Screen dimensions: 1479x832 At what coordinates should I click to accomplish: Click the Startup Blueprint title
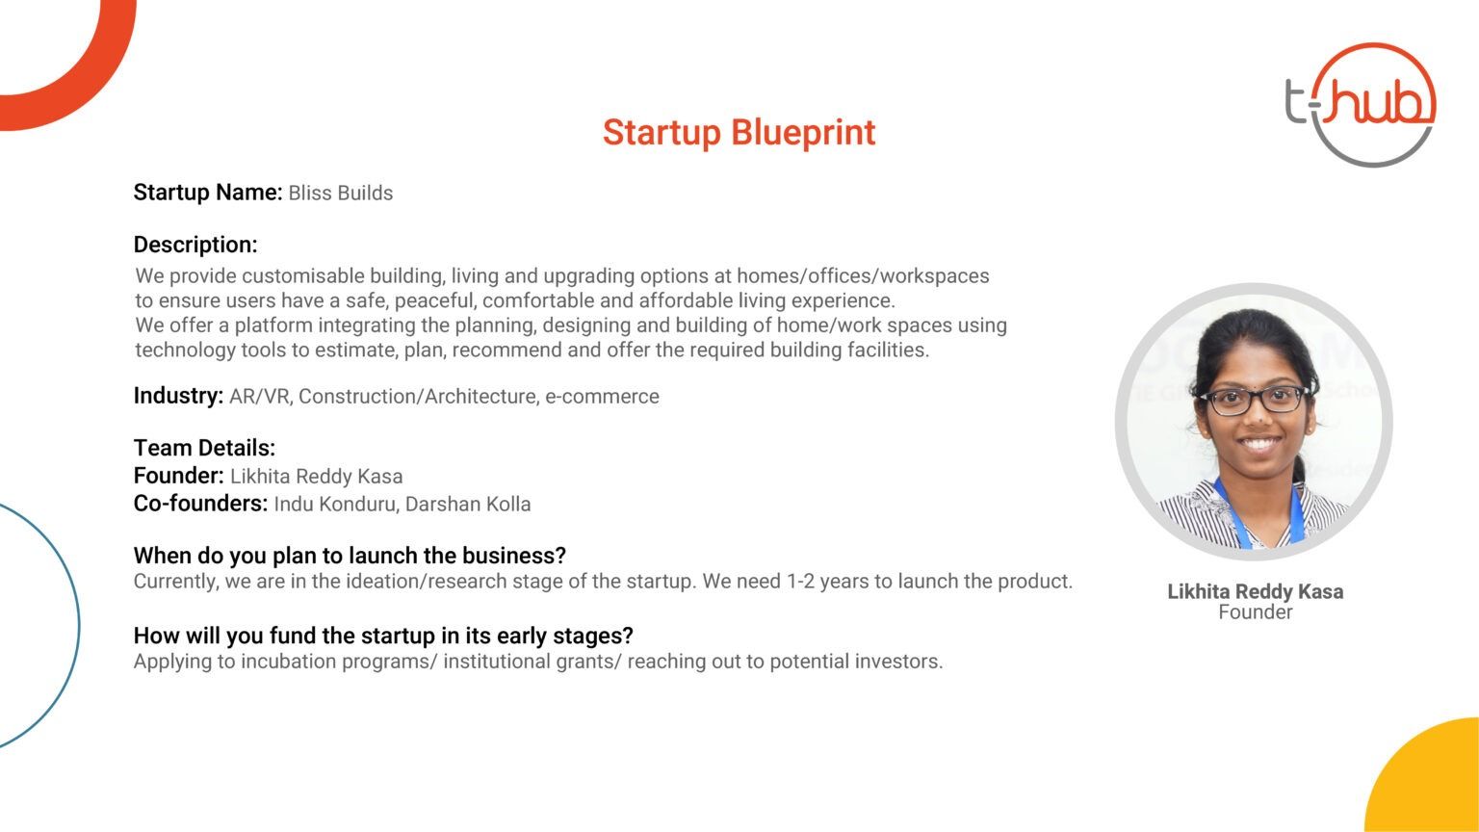click(739, 133)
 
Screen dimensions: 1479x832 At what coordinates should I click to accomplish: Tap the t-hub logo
click(1361, 104)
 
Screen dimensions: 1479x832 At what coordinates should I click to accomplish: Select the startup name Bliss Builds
click(341, 193)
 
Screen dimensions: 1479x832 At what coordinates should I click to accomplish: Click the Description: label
click(195, 245)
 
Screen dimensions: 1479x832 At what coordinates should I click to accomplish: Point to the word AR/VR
click(260, 396)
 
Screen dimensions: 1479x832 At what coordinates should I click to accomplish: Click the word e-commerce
click(602, 396)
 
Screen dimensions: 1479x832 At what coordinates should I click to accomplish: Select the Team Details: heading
click(204, 448)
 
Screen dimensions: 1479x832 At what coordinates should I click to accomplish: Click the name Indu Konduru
click(335, 504)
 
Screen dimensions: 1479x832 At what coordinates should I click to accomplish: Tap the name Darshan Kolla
click(468, 504)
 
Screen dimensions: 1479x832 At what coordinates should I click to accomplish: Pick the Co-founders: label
click(200, 504)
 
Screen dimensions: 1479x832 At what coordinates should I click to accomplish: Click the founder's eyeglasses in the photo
click(1252, 401)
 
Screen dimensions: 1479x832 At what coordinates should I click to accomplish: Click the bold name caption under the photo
click(1256, 591)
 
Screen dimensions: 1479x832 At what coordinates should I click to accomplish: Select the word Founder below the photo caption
click(1256, 612)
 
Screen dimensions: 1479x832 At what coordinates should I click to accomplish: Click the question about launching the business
click(350, 556)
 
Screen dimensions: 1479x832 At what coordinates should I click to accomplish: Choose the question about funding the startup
click(383, 636)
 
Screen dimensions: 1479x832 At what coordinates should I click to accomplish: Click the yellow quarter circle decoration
click(1433, 783)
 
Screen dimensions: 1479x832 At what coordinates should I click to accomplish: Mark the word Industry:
click(178, 396)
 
